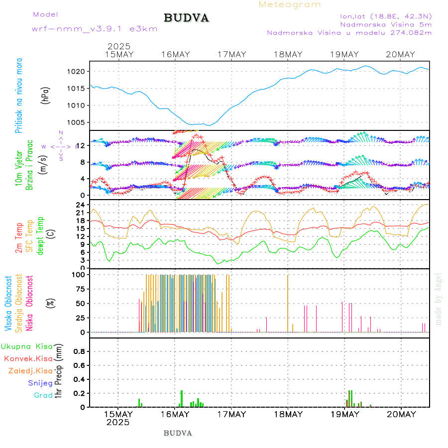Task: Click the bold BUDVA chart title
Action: pyautogui.click(x=186, y=18)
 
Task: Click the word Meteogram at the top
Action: pyautogui.click(x=290, y=4)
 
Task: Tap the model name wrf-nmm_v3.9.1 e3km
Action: pyautogui.click(x=95, y=29)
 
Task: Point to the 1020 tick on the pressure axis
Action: pyautogui.click(x=80, y=72)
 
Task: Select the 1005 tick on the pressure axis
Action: pyautogui.click(x=80, y=122)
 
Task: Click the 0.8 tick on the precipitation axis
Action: pyautogui.click(x=80, y=351)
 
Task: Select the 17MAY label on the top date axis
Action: pyautogui.click(x=232, y=54)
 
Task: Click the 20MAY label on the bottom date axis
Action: pyautogui.click(x=401, y=414)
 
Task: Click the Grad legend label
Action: pyautogui.click(x=43, y=395)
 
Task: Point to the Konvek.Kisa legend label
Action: pyautogui.click(x=28, y=358)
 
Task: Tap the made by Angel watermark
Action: pyautogui.click(x=438, y=299)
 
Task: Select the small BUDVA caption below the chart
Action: pyautogui.click(x=178, y=433)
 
